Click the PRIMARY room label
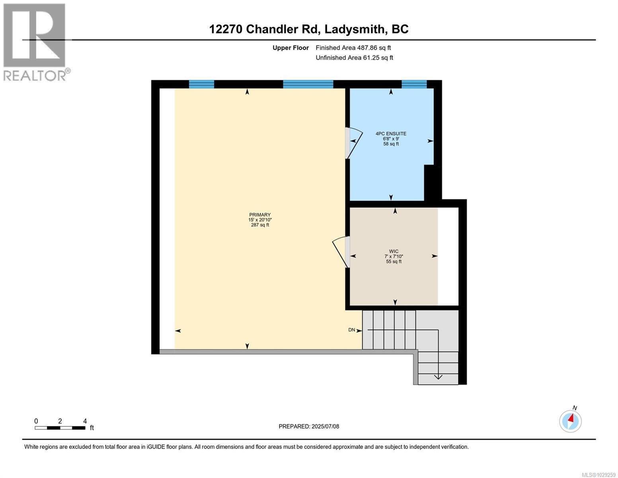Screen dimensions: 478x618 [259, 215]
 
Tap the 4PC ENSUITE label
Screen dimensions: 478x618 [391, 134]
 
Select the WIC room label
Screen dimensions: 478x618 [394, 251]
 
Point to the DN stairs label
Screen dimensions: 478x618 [351, 330]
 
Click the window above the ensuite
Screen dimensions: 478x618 [414, 84]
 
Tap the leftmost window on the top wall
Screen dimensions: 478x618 [201, 84]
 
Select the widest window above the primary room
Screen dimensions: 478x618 [308, 84]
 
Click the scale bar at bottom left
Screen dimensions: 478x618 [60, 428]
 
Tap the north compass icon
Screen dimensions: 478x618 [570, 421]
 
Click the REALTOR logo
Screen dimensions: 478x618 [35, 42]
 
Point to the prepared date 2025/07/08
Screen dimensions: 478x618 [309, 426]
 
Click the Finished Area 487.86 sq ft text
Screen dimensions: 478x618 [353, 48]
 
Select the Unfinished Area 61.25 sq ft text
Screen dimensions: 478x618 [354, 58]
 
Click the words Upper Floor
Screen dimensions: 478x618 [290, 48]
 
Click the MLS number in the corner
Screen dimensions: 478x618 [599, 474]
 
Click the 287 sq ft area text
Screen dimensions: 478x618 [259, 225]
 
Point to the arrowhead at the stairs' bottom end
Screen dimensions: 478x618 [438, 377]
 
